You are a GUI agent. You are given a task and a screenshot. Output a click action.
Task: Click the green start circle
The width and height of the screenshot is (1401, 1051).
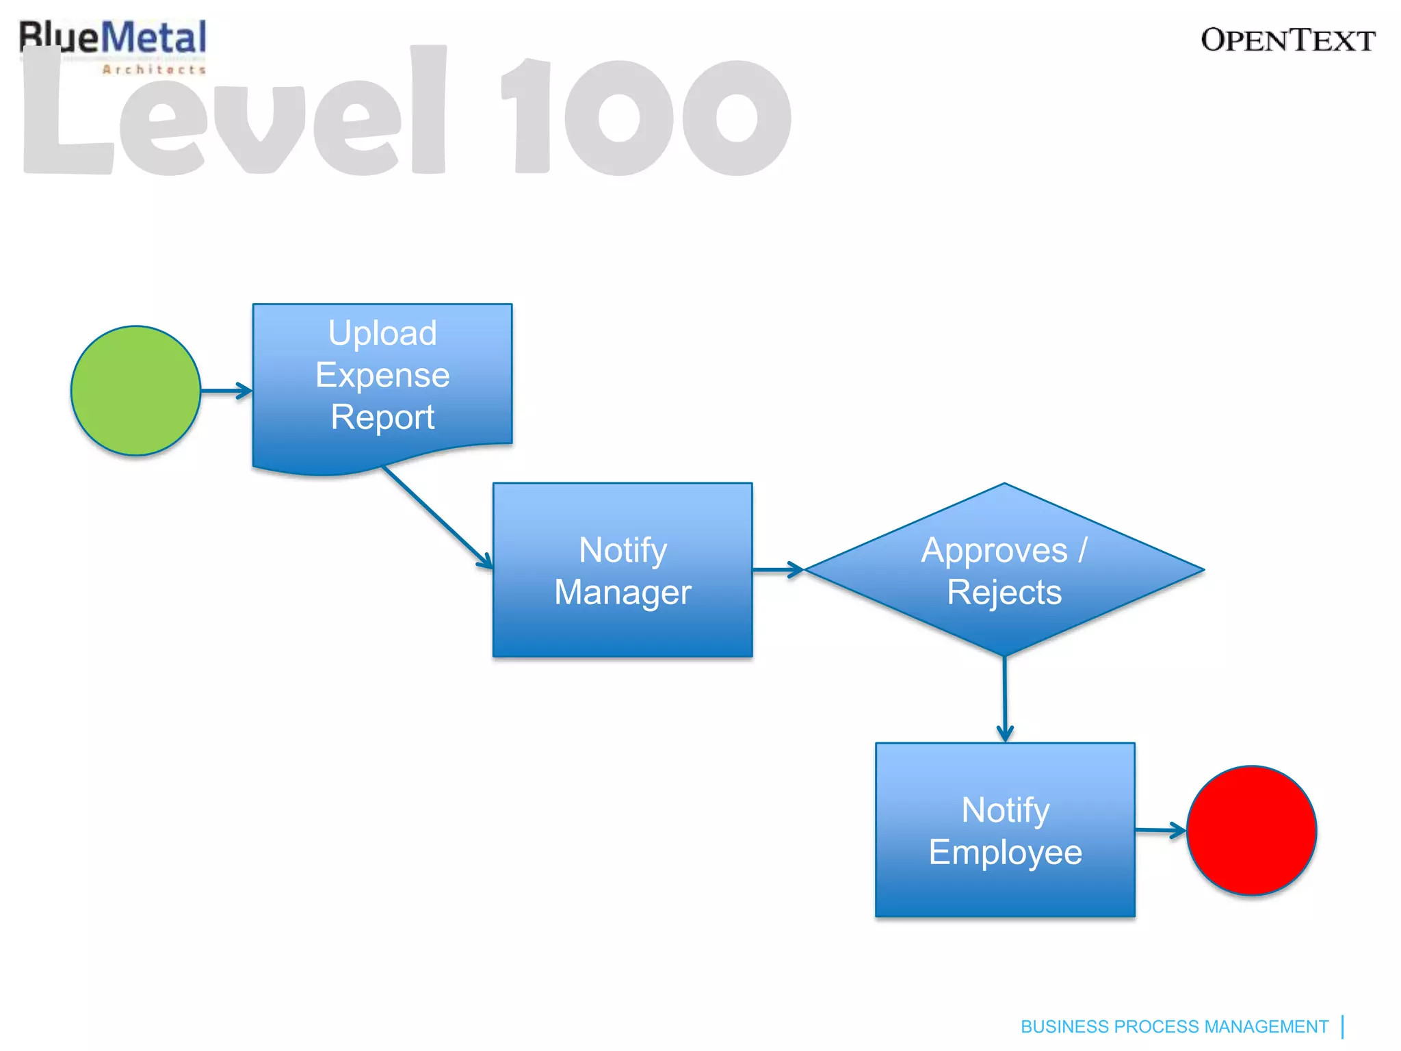[135, 391]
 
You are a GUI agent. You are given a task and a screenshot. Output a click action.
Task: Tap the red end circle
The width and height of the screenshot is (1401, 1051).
[1251, 830]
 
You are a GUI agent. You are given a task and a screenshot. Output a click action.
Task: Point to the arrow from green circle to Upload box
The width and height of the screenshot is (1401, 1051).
[226, 391]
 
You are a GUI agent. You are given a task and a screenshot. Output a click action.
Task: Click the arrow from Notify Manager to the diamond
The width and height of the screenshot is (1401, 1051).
[778, 569]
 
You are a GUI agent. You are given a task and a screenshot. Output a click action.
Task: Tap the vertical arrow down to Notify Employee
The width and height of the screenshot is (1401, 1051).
[1004, 699]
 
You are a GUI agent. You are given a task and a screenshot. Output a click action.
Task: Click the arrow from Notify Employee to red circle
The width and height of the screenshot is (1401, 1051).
[1160, 831]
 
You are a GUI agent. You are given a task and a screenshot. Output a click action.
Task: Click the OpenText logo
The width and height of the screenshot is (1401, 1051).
[1287, 40]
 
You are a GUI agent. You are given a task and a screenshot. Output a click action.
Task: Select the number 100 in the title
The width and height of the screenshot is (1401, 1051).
[646, 116]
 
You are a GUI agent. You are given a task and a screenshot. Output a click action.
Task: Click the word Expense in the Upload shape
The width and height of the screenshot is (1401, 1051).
[382, 375]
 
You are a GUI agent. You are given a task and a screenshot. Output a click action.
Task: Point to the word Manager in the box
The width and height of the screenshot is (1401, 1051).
[623, 592]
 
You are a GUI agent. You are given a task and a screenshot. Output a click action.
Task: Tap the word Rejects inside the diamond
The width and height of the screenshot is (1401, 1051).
[1004, 592]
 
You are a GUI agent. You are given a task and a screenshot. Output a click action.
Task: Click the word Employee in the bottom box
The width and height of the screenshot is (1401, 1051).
[1005, 852]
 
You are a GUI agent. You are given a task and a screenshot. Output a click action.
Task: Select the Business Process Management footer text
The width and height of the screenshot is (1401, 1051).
[1174, 1026]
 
